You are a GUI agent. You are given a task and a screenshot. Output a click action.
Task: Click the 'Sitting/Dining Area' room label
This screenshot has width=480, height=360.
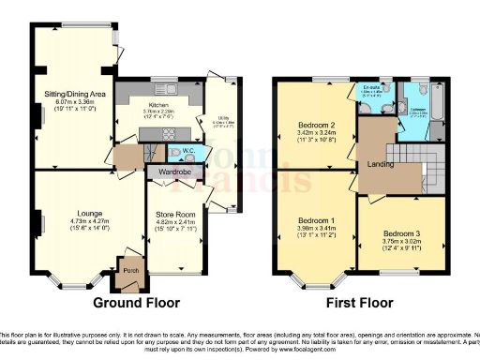click(73, 95)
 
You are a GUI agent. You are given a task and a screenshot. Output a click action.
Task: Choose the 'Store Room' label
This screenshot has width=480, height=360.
click(176, 216)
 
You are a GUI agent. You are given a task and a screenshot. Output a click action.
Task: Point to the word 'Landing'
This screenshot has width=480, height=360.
click(377, 165)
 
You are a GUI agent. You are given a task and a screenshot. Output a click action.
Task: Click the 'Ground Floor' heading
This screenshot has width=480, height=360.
click(137, 303)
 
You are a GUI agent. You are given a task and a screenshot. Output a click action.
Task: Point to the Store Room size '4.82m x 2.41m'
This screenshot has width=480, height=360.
click(176, 224)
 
